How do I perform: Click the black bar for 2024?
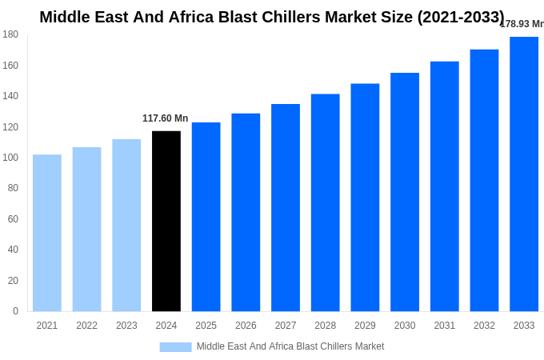166,221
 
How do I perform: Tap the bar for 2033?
524,174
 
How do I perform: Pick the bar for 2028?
326,202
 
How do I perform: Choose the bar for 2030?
405,192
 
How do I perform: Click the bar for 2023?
126,225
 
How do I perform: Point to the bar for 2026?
246,212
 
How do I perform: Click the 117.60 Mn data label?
166,118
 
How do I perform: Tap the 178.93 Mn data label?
522,24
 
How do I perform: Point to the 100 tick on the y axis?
10,158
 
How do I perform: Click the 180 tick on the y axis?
10,34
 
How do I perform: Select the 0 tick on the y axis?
15,311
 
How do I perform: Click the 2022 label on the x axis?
86,326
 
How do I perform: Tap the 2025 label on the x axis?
206,326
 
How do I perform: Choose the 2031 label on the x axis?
445,326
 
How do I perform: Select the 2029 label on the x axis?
365,326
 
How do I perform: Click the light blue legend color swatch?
175,346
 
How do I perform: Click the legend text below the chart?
290,346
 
